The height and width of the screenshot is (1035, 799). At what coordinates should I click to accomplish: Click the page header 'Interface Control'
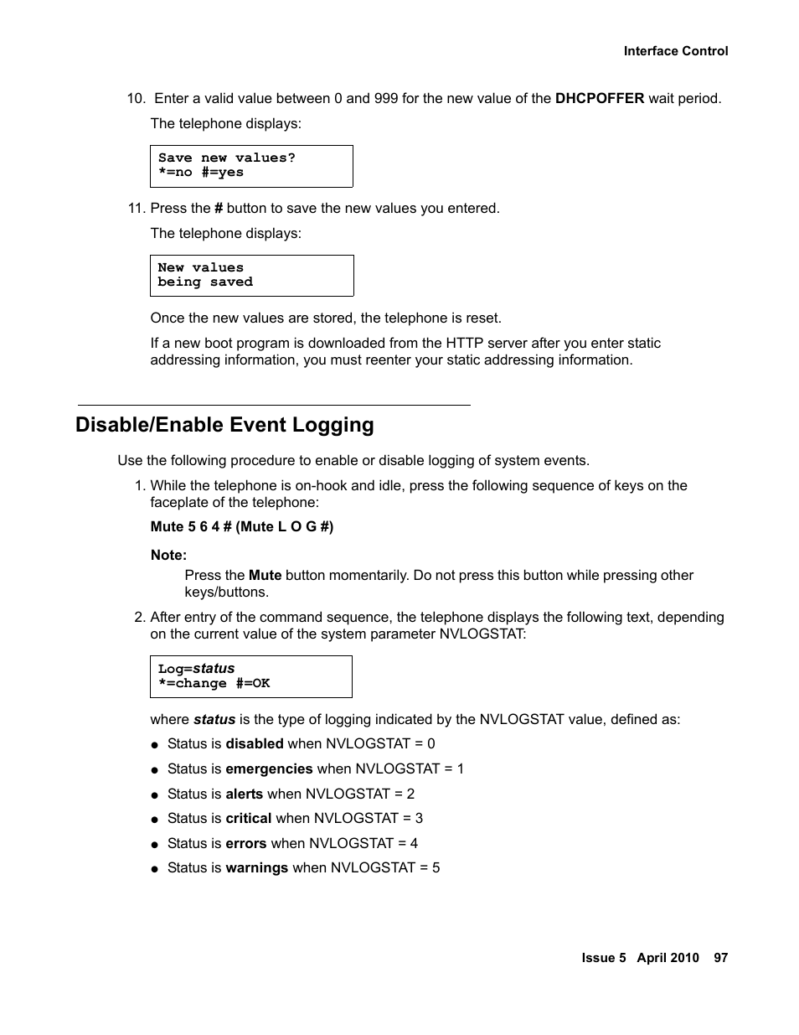tap(675, 51)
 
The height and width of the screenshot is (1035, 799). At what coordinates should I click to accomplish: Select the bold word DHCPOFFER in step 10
tap(600, 99)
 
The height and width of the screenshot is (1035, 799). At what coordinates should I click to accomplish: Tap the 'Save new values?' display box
tap(251, 166)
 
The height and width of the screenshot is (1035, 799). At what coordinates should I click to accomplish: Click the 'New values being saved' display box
tap(251, 276)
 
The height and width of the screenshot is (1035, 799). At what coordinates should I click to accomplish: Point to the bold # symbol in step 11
tap(219, 209)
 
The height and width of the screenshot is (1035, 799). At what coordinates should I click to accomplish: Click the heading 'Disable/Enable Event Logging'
tap(224, 425)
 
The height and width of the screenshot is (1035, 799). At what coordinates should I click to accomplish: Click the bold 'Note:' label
tap(168, 555)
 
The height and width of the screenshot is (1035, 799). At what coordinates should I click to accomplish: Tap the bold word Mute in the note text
tap(265, 576)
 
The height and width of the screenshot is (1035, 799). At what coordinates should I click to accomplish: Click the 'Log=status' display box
tap(250, 676)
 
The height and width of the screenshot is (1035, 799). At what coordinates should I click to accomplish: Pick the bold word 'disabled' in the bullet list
tap(255, 744)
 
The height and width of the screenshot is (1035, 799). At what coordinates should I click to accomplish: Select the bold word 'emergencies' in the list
tap(269, 769)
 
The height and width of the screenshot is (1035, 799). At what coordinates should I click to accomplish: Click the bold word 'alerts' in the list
tap(244, 794)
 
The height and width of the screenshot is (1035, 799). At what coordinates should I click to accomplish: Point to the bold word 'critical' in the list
tap(248, 819)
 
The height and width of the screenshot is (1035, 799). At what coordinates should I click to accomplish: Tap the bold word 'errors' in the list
tap(245, 844)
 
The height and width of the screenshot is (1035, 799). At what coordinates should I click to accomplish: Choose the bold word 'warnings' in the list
tap(256, 868)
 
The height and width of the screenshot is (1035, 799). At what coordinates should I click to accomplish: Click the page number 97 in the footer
tap(720, 958)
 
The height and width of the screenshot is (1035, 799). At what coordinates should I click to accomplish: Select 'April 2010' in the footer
tap(667, 958)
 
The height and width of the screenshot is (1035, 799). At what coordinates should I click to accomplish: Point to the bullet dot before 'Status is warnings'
tap(155, 869)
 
